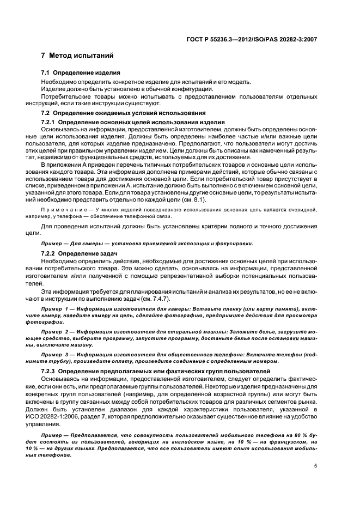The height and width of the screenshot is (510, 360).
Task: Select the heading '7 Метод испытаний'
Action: click(77, 56)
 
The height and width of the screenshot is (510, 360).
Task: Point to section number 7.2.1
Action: click(48, 121)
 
